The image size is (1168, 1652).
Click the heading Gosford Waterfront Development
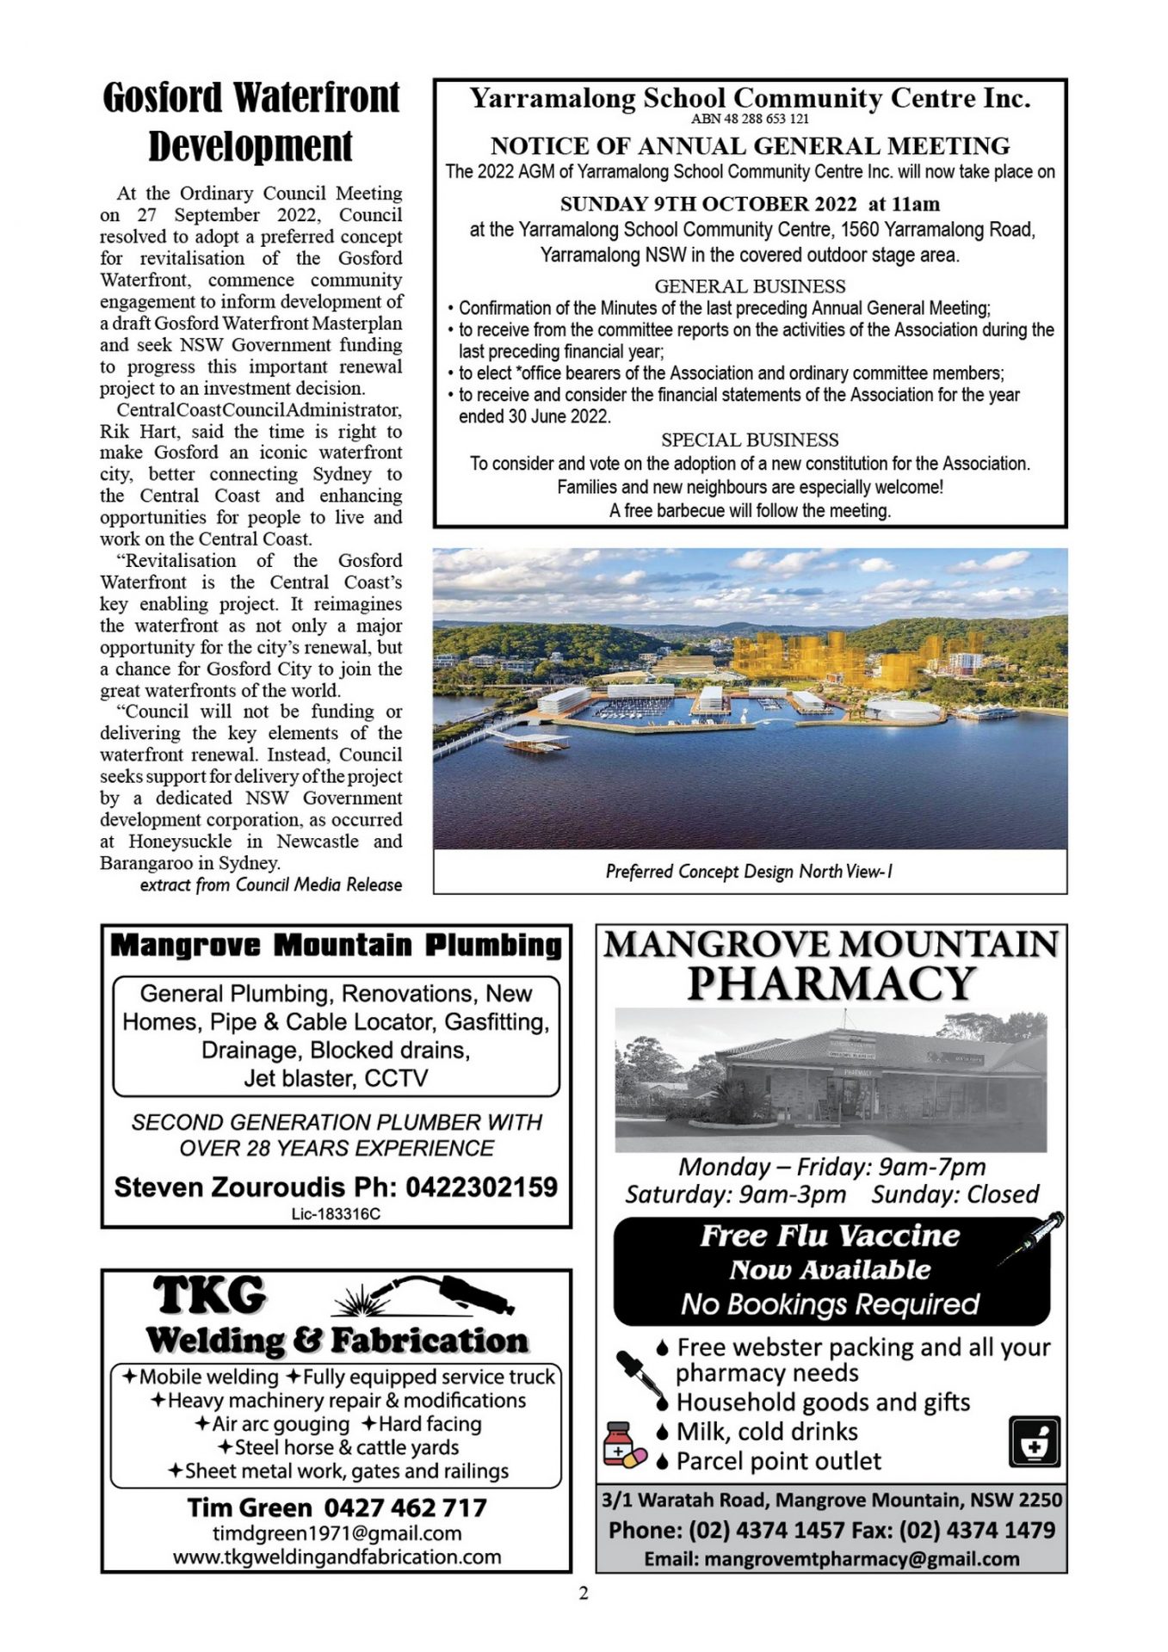[250, 121]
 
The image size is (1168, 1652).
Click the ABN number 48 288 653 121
[749, 119]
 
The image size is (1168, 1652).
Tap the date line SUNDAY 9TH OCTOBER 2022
[708, 204]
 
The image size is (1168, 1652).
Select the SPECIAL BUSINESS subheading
[750, 440]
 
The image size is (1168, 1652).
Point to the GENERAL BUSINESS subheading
[750, 286]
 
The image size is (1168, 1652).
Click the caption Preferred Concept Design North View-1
[749, 872]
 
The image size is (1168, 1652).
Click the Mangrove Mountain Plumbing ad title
[336, 946]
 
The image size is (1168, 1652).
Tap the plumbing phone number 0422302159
[481, 1187]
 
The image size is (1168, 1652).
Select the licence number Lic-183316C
[336, 1214]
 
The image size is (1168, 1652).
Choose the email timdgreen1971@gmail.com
[337, 1533]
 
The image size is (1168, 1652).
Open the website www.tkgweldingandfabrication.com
[337, 1556]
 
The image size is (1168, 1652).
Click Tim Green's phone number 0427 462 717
[405, 1507]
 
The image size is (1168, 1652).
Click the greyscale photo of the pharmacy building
[831, 1080]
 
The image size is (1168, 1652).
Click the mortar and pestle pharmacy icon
[1034, 1442]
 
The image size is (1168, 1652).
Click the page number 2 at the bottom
[584, 1593]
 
